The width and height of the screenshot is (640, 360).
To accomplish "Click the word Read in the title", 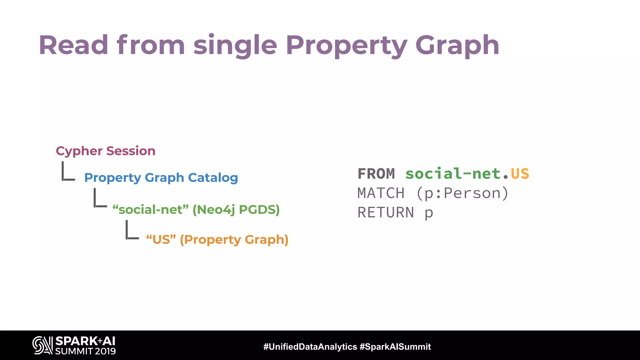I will [73, 45].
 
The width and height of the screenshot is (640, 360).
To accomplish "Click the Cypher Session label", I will [106, 151].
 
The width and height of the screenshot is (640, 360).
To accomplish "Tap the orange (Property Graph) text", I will [234, 240].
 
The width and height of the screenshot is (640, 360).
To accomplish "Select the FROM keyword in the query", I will [376, 174].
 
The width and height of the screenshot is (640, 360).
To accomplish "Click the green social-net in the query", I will [453, 174].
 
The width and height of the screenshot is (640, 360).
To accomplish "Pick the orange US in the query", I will [520, 174].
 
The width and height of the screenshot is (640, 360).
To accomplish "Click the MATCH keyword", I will [381, 193].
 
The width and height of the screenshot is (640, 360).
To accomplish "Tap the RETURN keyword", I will [386, 212].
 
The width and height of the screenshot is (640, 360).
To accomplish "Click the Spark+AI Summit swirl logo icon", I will [42, 345].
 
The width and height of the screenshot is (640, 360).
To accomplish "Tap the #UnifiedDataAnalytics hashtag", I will [310, 347].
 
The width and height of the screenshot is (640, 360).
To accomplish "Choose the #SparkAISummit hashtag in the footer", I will [395, 347].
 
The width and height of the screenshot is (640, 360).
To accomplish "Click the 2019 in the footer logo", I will [105, 351].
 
